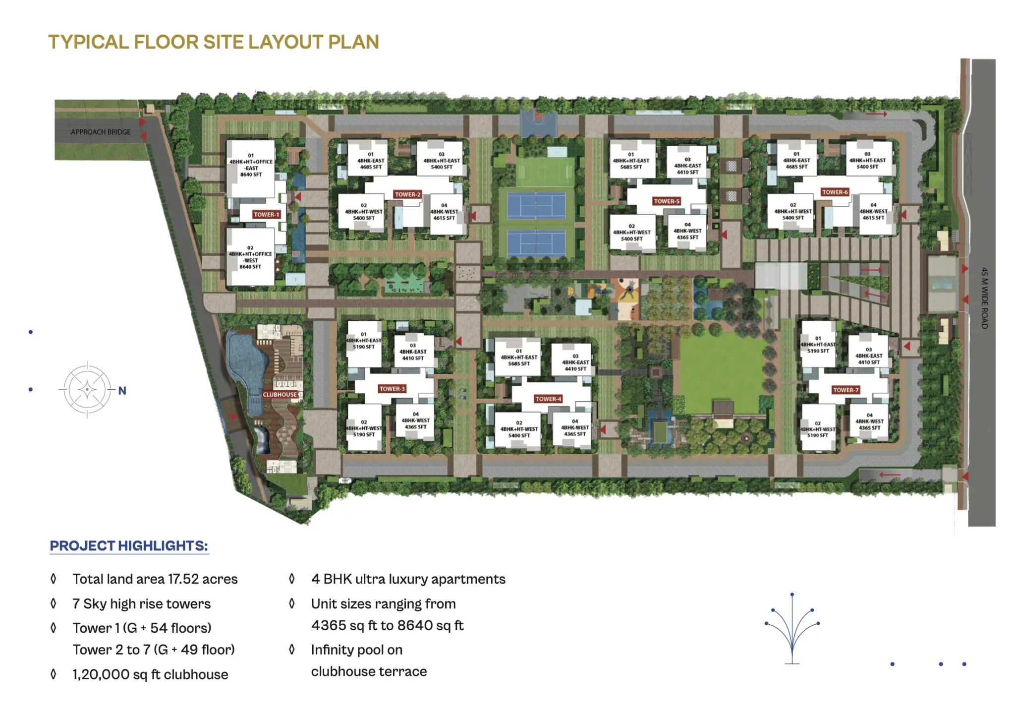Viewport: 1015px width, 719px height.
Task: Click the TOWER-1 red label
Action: [x=266, y=215]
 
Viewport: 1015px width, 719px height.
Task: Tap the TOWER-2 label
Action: [x=407, y=194]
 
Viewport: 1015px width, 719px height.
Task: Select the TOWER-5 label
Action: [x=667, y=201]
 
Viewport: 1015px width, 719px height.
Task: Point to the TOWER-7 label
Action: [x=846, y=390]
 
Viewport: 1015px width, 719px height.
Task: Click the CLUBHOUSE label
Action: [x=280, y=395]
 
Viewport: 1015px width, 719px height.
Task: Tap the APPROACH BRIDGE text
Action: [x=101, y=132]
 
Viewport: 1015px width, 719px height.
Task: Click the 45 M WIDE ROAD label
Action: [x=984, y=298]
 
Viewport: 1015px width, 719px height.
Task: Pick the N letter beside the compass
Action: [x=122, y=391]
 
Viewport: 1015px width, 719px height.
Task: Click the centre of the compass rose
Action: [x=87, y=390]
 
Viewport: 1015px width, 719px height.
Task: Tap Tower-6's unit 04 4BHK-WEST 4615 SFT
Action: [x=873, y=212]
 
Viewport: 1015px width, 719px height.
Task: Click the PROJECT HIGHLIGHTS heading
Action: [x=129, y=546]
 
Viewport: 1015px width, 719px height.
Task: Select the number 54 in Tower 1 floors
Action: [x=159, y=628]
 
